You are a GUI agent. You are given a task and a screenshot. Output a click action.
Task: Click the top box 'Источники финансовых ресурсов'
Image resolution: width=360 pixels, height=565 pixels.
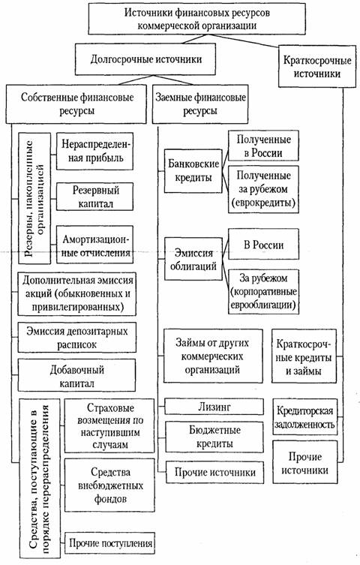pos(197,20)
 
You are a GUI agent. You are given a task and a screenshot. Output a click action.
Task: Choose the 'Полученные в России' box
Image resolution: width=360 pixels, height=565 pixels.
pos(262,145)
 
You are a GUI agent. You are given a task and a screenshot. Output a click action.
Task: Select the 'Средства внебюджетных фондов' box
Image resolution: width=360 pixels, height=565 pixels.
pos(111,485)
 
